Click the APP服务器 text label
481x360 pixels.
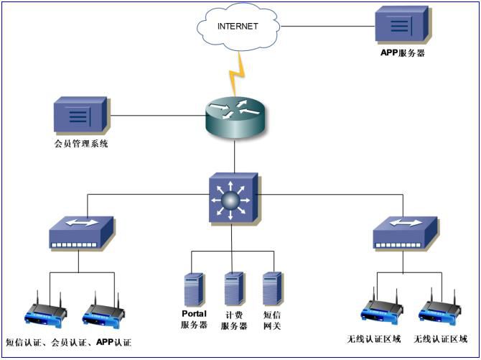403,52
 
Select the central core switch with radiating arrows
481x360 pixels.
233,197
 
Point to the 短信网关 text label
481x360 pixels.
272,320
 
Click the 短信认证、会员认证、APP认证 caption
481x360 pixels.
69,342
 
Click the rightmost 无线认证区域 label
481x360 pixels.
441,339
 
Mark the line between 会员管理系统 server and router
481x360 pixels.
156,114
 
